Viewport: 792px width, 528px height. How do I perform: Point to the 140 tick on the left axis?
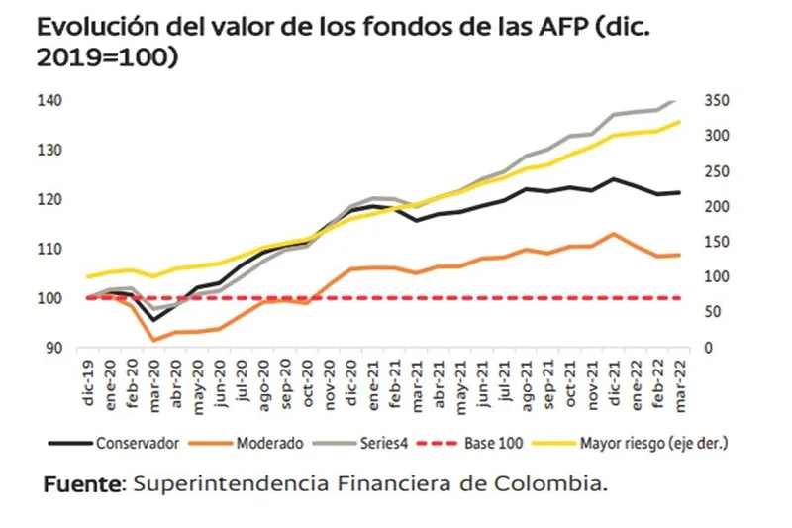(x=51, y=101)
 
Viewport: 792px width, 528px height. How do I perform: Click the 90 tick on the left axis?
(x=54, y=348)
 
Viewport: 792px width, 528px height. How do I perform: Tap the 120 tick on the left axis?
(x=51, y=199)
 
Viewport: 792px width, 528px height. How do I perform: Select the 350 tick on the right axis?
(x=714, y=101)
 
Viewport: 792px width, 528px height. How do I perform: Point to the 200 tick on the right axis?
(x=714, y=207)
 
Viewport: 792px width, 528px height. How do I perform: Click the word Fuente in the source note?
(x=81, y=485)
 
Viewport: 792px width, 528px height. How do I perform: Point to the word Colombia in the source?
(x=555, y=485)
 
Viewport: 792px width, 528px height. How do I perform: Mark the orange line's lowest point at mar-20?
(x=153, y=340)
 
